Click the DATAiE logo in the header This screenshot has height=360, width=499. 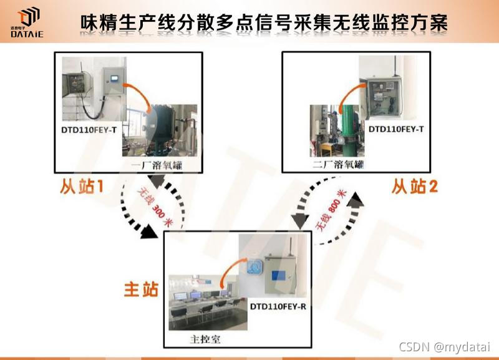[27, 22]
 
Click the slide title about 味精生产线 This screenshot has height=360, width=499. [264, 22]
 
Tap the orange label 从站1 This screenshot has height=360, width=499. [82, 186]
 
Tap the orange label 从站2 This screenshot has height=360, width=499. [415, 186]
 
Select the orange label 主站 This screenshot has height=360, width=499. [141, 289]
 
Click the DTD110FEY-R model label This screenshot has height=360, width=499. [278, 306]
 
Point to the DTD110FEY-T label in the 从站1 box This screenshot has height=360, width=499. [89, 130]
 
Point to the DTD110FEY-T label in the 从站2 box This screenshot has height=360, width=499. [396, 129]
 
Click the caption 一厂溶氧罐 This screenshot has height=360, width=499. [157, 165]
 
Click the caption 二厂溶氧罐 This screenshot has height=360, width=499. [337, 165]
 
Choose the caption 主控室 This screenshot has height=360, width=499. [205, 339]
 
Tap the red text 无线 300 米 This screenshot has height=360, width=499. [155, 207]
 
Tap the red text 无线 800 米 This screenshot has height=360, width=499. [331, 210]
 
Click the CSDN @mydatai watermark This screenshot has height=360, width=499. [444, 347]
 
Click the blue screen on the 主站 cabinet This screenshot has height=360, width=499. [279, 276]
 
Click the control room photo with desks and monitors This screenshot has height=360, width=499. [208, 303]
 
